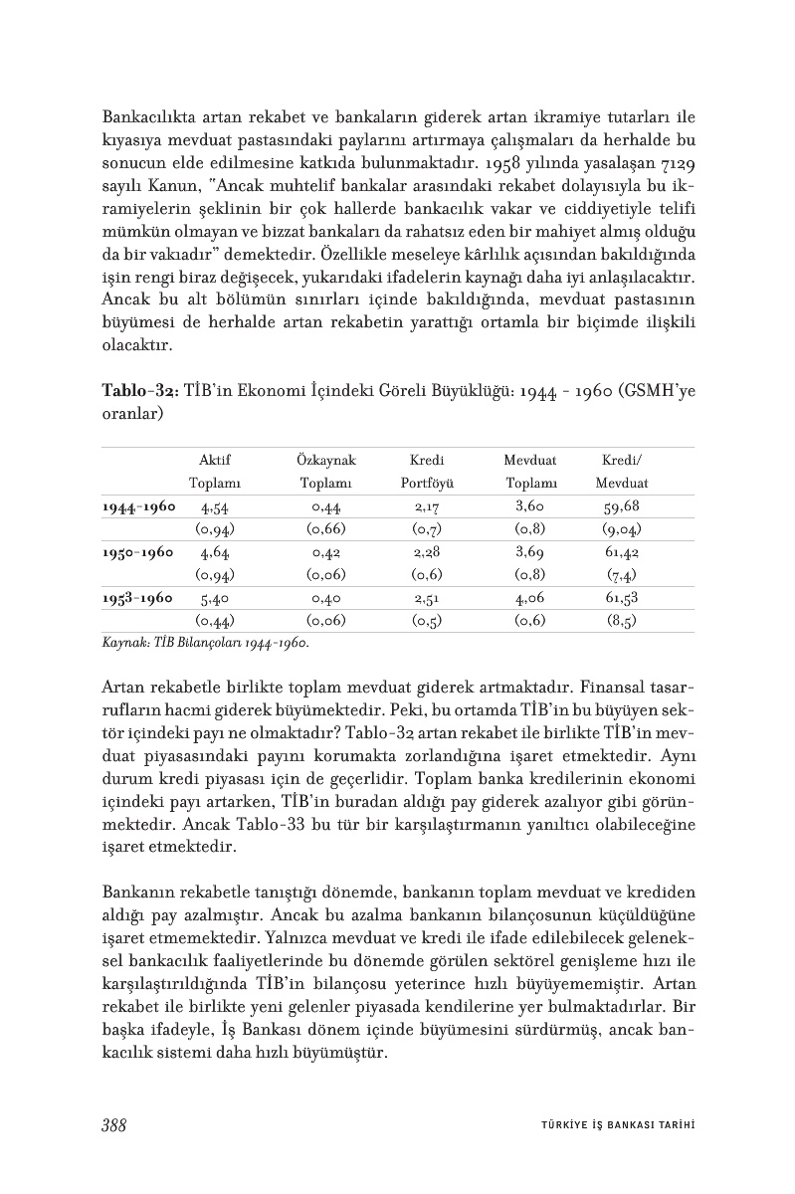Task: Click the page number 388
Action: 113,1125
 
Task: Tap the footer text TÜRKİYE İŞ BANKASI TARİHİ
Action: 610,1126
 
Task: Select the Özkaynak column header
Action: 325,461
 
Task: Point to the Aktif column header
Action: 215,461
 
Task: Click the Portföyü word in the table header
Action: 427,484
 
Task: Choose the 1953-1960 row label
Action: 138,599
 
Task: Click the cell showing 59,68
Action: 622,506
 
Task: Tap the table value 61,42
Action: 622,552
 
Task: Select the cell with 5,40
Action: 215,599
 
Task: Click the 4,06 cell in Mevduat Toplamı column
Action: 529,599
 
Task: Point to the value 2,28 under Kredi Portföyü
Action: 427,552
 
